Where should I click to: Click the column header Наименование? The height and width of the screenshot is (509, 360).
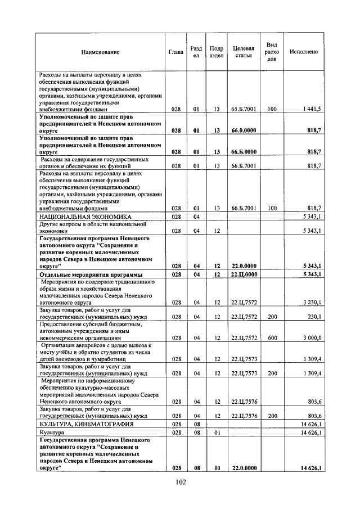pyautogui.click(x=101, y=52)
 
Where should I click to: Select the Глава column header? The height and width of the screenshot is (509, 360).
pyautogui.click(x=176, y=52)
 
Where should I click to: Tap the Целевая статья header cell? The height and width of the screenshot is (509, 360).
pyautogui.click(x=244, y=52)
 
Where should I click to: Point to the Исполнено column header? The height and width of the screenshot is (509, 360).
pyautogui.click(x=304, y=52)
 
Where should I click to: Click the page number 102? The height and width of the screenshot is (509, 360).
pyautogui.click(x=180, y=482)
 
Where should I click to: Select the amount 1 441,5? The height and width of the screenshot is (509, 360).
pyautogui.click(x=310, y=109)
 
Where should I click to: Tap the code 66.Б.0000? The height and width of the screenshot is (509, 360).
pyautogui.click(x=244, y=152)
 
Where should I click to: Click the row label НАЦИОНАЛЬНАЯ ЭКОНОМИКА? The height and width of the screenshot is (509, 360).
pyautogui.click(x=85, y=216)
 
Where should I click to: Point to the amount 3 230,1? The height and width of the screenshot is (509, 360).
pyautogui.click(x=310, y=302)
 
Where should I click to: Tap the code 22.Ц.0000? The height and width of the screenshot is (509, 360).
pyautogui.click(x=244, y=274)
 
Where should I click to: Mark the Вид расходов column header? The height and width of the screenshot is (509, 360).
pyautogui.click(x=272, y=52)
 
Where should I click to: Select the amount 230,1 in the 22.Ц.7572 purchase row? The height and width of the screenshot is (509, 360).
pyautogui.click(x=312, y=317)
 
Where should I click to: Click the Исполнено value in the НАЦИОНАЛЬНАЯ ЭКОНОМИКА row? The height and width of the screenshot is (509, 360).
pyautogui.click(x=310, y=216)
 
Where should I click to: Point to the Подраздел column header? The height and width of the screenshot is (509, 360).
pyautogui.click(x=216, y=52)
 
